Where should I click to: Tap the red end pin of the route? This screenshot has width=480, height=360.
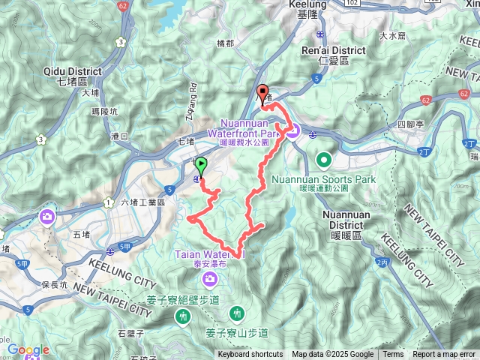262,94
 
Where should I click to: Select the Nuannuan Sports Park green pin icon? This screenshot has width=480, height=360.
324,159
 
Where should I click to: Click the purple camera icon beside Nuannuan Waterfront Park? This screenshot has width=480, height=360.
292,132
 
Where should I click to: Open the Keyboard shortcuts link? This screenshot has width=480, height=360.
250,355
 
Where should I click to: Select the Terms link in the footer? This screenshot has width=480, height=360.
393,355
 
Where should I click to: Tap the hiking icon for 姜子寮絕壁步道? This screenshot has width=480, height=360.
182,316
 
